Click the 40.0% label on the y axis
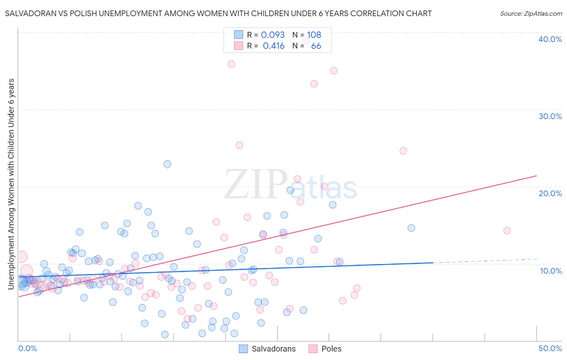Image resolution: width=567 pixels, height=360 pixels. coord(550,39)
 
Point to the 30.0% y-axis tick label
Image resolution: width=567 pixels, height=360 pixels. coord(550,116)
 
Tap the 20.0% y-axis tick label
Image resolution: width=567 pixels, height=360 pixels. coord(550,193)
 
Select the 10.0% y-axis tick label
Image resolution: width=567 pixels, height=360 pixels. coord(550,271)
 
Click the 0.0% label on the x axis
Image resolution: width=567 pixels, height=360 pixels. coord(27,348)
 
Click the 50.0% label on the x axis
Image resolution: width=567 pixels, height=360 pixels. coord(550,348)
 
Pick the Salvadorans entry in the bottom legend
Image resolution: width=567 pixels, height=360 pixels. coord(267,349)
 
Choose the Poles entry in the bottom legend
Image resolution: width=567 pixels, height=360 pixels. coord(325,349)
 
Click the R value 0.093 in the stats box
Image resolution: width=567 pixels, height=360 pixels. coord(273,35)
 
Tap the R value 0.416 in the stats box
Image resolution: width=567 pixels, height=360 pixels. coord(273,46)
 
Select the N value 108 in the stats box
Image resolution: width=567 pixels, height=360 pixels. coord(314,35)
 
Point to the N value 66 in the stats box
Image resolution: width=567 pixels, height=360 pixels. coord(316,46)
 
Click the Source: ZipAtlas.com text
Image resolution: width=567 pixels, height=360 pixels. coord(531,14)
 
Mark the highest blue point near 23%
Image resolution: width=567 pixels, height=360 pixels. coord(167,164)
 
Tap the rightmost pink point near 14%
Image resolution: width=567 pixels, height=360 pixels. coord(507,230)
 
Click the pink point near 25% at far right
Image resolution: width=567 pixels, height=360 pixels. coord(403,151)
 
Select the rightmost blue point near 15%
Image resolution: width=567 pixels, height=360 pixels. coord(411,228)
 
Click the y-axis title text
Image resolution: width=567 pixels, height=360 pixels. coord(11,184)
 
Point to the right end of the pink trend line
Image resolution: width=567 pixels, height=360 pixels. coord(536,176)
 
